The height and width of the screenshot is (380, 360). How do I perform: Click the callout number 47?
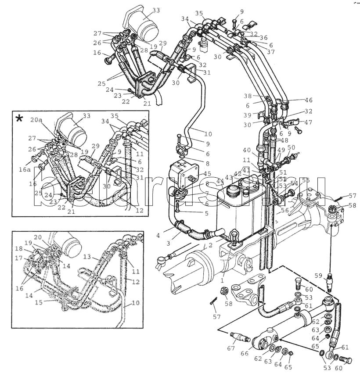[309, 123]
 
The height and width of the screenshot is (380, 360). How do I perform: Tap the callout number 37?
[270, 52]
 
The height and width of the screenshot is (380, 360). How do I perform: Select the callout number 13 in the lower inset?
[87, 256]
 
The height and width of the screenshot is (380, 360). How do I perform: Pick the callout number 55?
[306, 180]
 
